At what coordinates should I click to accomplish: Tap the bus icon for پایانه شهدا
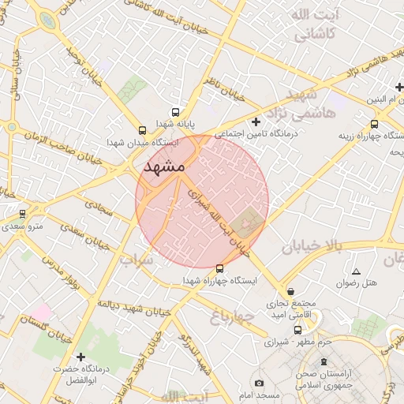174,112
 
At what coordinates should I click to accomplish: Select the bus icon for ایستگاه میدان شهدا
142,131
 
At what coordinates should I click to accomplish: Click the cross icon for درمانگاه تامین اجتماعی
255,122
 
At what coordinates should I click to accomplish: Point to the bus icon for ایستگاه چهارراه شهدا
219,268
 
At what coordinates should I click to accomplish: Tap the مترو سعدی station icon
22,213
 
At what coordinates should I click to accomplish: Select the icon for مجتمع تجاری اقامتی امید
291,290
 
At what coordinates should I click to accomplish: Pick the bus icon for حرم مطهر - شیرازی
297,331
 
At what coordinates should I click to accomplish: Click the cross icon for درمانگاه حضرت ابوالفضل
80,357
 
